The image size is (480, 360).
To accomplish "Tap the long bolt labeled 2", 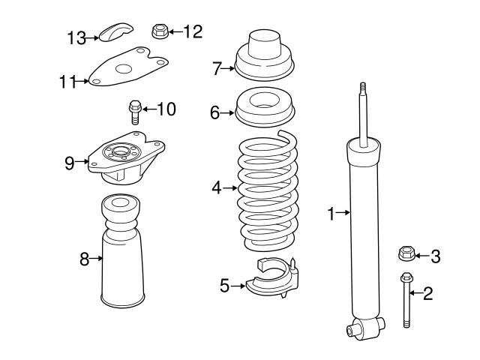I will [406, 300].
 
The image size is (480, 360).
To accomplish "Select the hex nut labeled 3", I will [405, 256].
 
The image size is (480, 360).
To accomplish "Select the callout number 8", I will [84, 259].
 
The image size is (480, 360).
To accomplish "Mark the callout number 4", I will [216, 188].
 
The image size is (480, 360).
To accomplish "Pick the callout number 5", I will [224, 285].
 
